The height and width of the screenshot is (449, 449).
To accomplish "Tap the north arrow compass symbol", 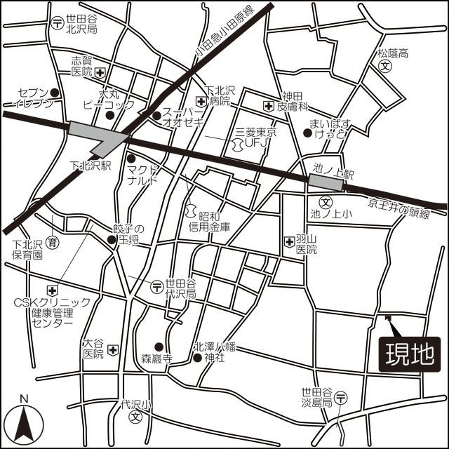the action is click(x=25, y=421).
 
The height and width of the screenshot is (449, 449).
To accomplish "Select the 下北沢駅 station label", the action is click(x=92, y=166).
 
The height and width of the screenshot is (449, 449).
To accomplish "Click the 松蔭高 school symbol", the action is click(x=384, y=65).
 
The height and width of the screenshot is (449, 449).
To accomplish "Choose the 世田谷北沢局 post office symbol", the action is click(x=55, y=22).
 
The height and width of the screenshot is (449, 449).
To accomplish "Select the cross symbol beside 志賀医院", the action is click(x=100, y=72).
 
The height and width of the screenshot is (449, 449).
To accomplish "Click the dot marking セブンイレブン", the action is click(x=55, y=92).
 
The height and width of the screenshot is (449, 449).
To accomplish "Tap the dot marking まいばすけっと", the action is click(x=307, y=132).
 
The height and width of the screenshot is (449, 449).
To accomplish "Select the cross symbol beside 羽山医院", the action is click(x=289, y=242).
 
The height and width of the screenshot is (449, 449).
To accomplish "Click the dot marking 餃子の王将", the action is click(x=112, y=240).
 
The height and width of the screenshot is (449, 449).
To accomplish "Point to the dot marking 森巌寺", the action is click(x=159, y=346).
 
